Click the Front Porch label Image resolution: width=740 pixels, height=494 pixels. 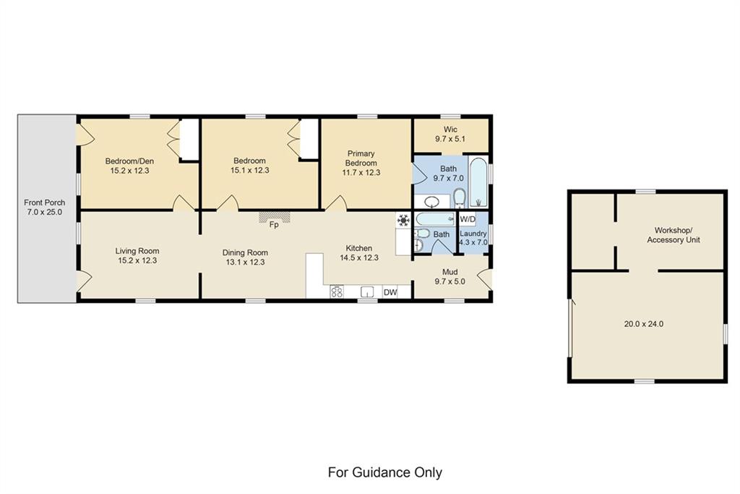(45, 203)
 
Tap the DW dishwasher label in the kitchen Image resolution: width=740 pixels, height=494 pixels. (390, 292)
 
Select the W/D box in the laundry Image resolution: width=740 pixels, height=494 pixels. (468, 219)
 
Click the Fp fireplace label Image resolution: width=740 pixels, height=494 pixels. (274, 225)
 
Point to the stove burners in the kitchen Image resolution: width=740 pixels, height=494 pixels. (337, 292)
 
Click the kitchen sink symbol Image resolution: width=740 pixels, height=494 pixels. (367, 292)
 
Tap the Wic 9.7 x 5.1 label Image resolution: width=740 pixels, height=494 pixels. (450, 134)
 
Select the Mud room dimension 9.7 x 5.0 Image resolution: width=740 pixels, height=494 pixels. (449, 281)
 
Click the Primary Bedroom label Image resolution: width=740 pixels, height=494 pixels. (361, 158)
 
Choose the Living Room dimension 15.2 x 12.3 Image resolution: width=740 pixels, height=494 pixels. (137, 260)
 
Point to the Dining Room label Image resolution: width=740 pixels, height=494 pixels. (245, 252)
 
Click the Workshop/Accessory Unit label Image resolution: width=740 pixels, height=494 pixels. (674, 235)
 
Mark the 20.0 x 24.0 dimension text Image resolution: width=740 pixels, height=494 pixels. (644, 324)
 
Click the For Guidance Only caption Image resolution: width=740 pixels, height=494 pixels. (385, 472)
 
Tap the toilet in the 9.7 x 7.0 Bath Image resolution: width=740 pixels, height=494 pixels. (460, 198)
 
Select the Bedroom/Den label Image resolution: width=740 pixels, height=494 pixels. (129, 161)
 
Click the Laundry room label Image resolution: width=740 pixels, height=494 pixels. (473, 234)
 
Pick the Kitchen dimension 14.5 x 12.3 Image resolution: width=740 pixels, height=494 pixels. (359, 258)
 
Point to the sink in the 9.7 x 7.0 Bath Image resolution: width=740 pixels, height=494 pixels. (432, 202)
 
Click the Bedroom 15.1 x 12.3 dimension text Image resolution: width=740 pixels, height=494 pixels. (249, 170)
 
